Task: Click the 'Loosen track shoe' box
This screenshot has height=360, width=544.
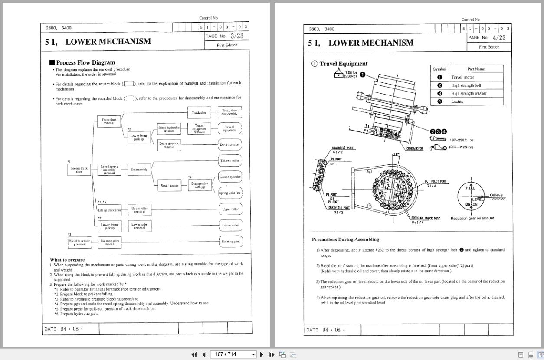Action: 79,170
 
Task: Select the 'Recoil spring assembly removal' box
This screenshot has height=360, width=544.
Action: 109,170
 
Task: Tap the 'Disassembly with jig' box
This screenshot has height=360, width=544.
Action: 200,185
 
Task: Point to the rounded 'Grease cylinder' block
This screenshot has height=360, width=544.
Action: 230,177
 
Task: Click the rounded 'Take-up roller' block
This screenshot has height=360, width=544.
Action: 230,160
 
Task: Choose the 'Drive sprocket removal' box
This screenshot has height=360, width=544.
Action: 169,145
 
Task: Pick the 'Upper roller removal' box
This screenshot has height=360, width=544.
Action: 139,210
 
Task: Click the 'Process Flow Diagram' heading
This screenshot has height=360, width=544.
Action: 85,62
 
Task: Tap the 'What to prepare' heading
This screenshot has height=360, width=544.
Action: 67,260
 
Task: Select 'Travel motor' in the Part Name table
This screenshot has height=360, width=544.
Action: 462,77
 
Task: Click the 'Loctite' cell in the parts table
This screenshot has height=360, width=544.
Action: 457,101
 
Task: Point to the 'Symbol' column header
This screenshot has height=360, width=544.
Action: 439,69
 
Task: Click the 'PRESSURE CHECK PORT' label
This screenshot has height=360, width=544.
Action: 426,219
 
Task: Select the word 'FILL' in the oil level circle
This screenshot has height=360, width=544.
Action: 471,188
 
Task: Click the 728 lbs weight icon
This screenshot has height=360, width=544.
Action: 339,74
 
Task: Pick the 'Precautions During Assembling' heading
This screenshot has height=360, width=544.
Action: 345,239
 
